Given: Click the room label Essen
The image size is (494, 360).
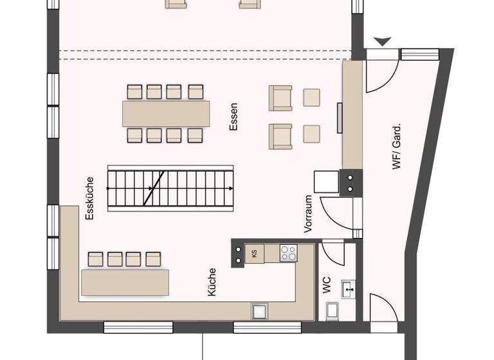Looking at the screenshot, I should click(233, 116).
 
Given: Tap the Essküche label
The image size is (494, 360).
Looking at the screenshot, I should click(89, 199).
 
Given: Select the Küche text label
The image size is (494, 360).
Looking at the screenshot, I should click(212, 282).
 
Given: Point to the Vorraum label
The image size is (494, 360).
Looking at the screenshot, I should click(309, 214).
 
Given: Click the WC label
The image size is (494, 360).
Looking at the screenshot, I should click(327, 285).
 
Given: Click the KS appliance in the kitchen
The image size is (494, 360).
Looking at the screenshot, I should click(254, 253).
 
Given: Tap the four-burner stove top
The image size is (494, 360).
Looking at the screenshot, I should click(288, 253).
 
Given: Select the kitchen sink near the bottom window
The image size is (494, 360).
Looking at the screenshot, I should click(261, 310).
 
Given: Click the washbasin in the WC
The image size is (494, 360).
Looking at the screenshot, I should click(349, 290).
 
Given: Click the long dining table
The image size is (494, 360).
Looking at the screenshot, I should click(166, 113).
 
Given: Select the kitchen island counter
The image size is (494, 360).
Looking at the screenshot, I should click(125, 282).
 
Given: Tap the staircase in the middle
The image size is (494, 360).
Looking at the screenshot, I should click(170, 186).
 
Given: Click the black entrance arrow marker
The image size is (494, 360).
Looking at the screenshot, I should click(383, 42).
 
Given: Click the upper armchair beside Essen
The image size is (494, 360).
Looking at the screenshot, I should click(280, 98).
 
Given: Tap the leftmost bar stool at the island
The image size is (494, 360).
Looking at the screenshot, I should click(96, 258).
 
